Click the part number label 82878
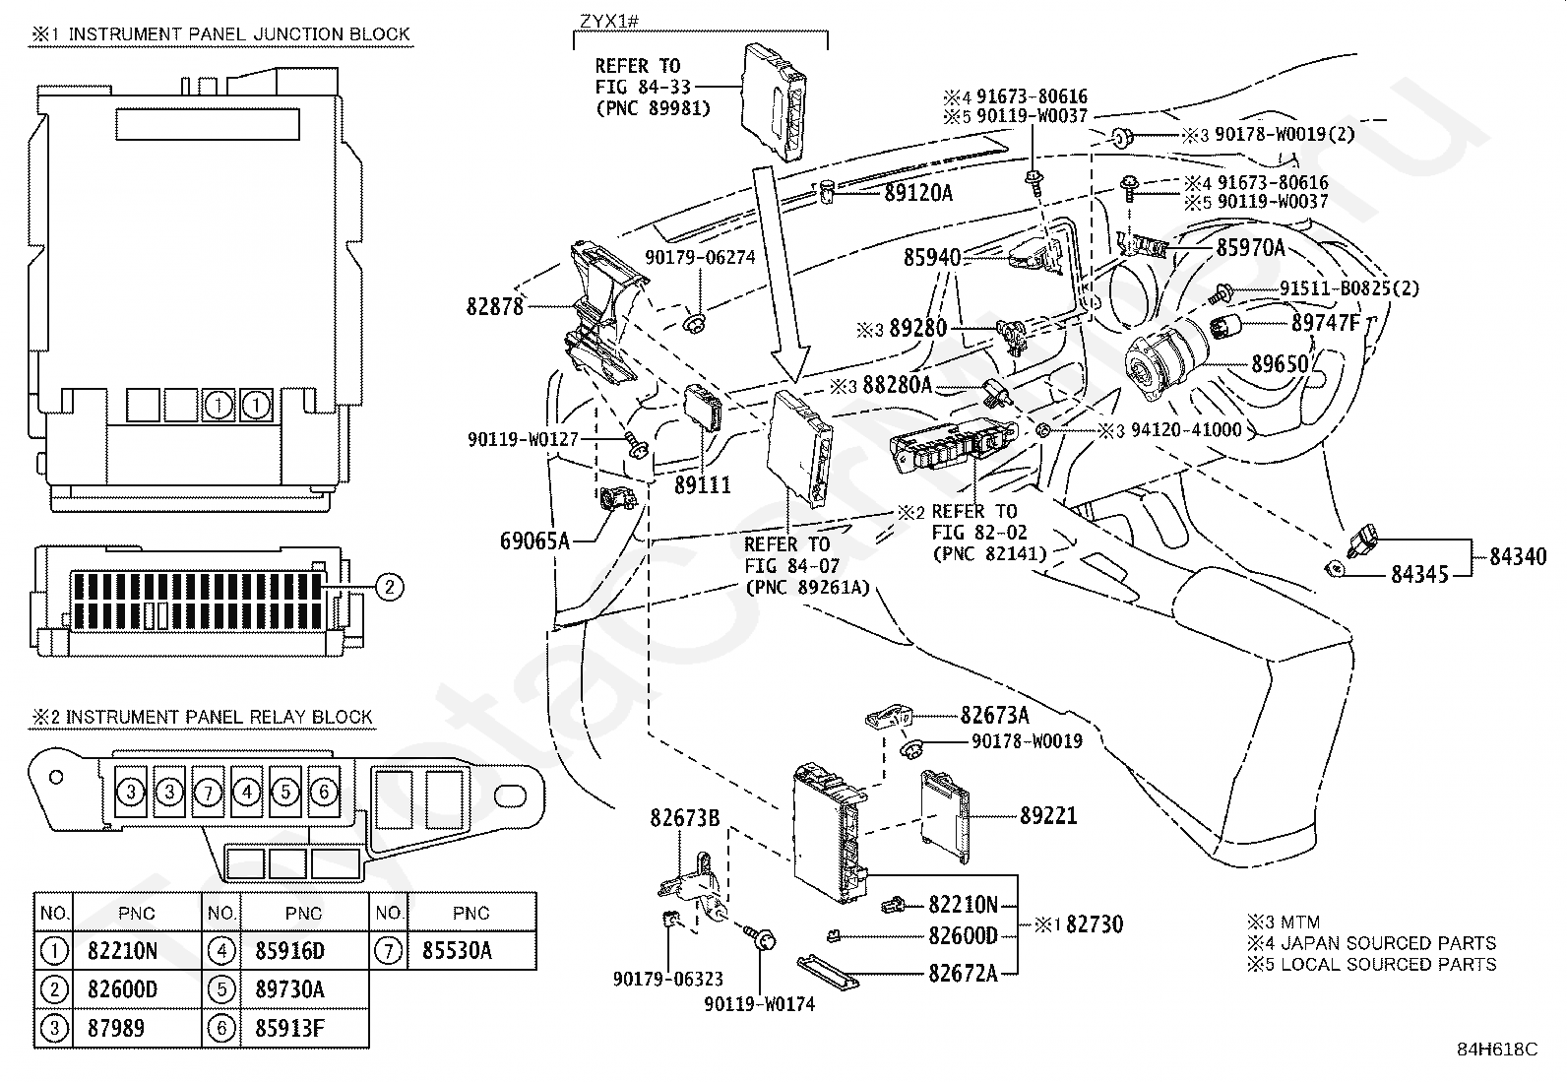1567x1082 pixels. tap(495, 307)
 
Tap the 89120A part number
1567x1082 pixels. tap(918, 193)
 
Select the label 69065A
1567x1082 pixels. tap(535, 540)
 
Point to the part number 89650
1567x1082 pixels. tap(1280, 364)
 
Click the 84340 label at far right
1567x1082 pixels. tap(1517, 557)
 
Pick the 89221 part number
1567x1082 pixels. tap(1048, 815)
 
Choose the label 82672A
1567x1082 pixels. tap(963, 973)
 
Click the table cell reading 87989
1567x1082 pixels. tap(116, 1028)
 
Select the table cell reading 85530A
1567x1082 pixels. tap(457, 951)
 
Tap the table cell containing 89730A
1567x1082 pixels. tap(289, 989)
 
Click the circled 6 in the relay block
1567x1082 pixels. tap(324, 791)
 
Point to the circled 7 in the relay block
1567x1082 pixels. tap(208, 791)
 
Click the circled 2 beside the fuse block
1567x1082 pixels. tap(390, 587)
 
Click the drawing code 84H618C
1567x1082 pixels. tap(1497, 1050)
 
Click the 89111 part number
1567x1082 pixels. tap(703, 484)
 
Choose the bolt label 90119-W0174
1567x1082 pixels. tap(759, 1004)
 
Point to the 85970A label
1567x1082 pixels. tap(1250, 248)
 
